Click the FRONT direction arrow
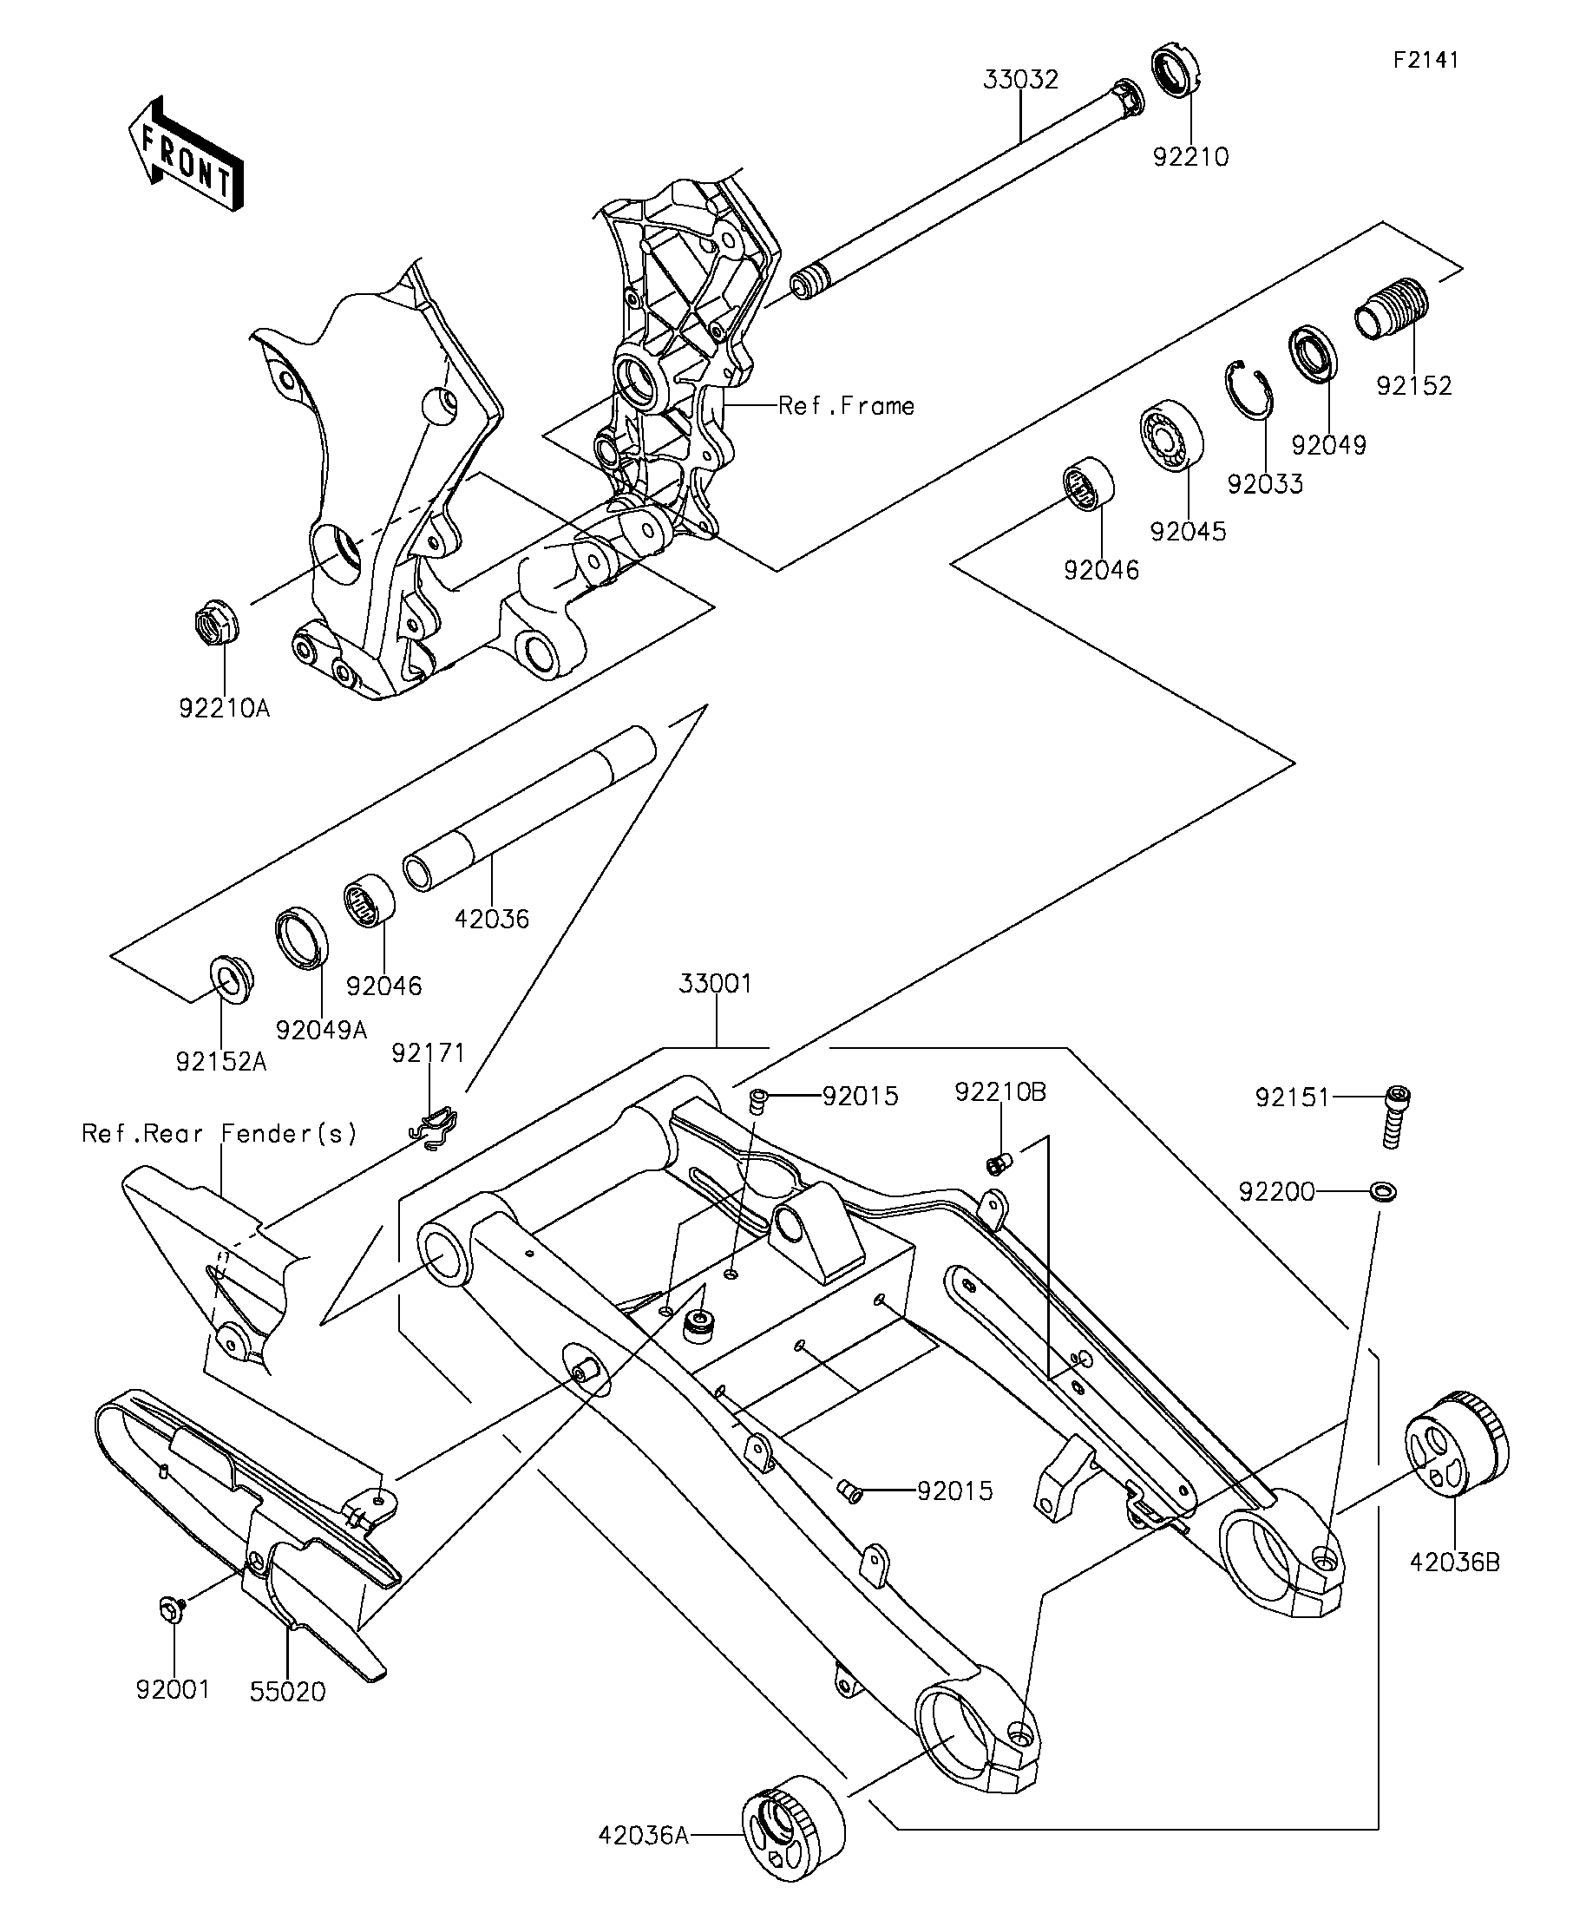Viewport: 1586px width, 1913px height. point(186,154)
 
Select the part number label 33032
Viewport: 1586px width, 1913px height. point(1020,80)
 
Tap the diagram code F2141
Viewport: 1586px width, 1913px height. point(1425,60)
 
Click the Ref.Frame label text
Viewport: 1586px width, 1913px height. point(846,405)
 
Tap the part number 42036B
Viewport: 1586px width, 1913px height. point(1455,1563)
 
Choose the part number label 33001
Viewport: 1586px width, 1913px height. point(716,984)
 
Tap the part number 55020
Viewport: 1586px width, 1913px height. point(288,1692)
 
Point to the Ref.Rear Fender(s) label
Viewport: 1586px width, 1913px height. point(220,1133)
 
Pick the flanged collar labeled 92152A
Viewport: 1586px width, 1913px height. point(232,979)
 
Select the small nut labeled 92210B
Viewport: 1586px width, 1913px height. point(999,1163)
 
